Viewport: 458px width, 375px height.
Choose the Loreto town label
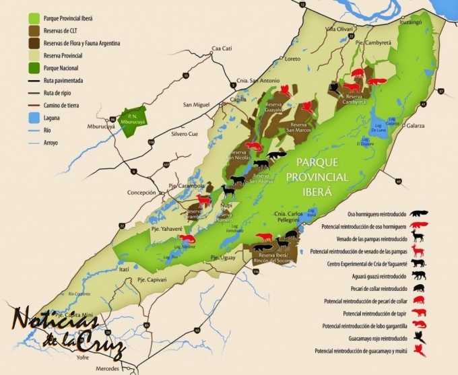tap(293, 59)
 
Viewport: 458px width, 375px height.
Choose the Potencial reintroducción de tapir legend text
tap(374, 313)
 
